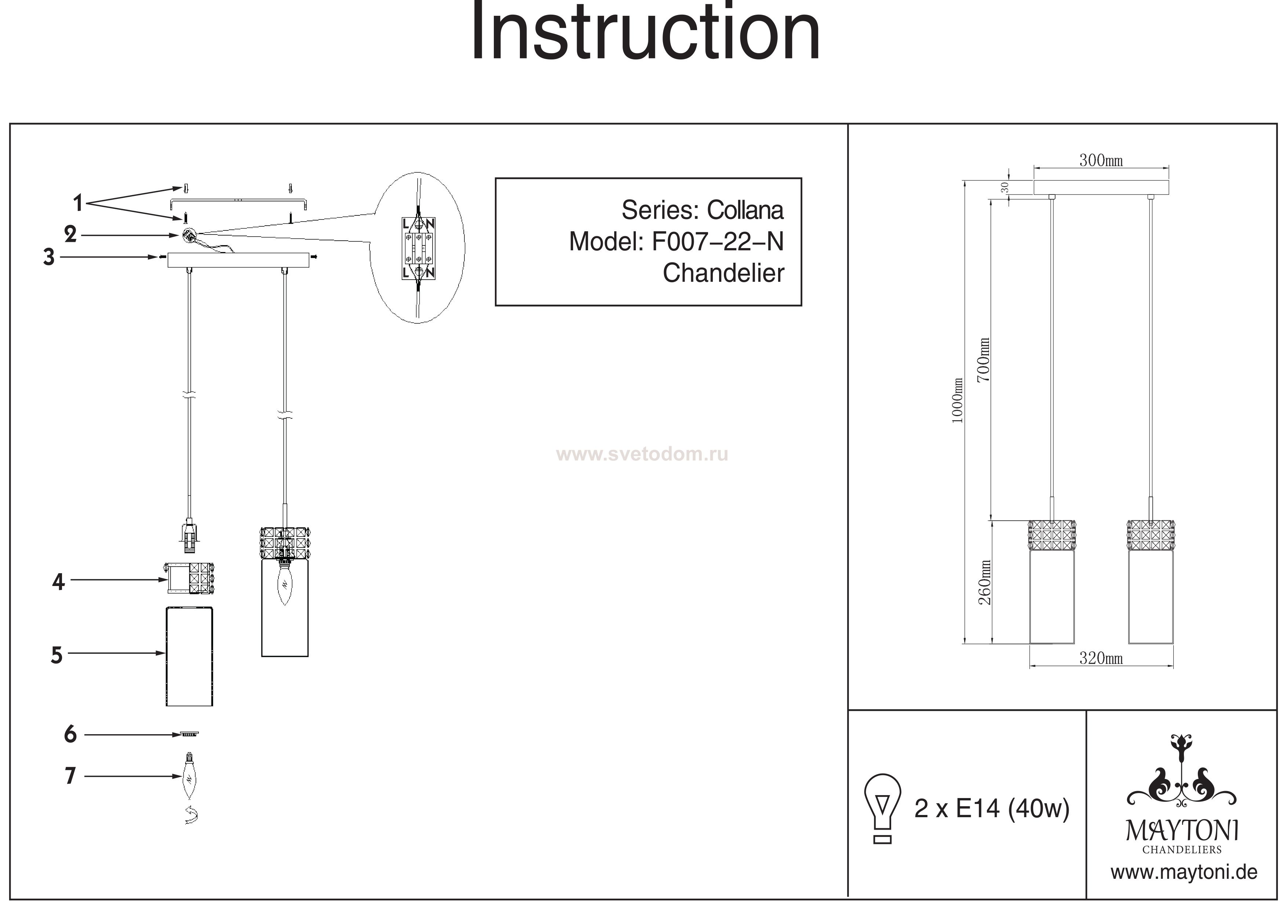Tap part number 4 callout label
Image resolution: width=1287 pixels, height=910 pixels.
(58, 583)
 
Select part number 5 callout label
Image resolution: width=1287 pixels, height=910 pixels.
(56, 655)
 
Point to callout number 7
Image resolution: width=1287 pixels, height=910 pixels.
(70, 776)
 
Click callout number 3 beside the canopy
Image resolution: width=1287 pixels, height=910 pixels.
(49, 257)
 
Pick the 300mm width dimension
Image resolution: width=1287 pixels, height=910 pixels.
(1101, 161)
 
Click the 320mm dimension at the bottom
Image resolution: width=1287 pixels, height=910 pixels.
(1101, 658)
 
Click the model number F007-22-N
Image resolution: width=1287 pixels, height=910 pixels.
(718, 242)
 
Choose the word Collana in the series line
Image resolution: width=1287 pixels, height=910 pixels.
(745, 210)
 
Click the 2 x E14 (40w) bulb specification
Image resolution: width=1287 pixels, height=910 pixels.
(992, 808)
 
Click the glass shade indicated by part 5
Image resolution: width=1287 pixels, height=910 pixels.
(189, 656)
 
